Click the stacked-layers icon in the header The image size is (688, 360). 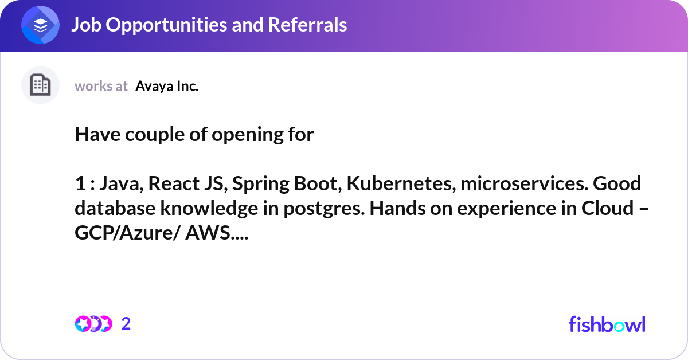point(40,25)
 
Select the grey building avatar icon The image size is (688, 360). point(40,85)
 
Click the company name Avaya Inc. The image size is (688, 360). point(167,87)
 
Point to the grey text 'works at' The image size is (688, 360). point(101,87)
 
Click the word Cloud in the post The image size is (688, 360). point(609,209)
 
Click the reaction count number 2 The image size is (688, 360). point(126,324)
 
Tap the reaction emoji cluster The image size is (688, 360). point(93,324)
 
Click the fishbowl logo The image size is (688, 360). point(607,324)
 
